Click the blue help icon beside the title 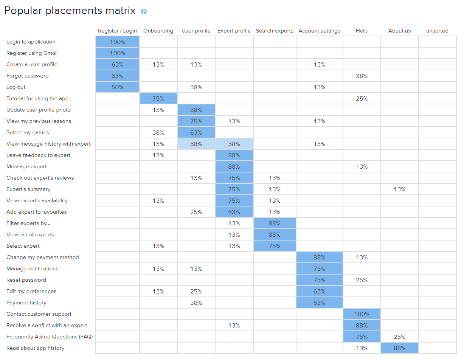click(143, 11)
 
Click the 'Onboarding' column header click(158, 31)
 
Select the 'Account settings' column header click(319, 31)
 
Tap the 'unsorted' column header click(437, 31)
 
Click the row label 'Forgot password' click(28, 76)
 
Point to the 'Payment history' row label click(26, 303)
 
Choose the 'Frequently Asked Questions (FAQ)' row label click(50, 337)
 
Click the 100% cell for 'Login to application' click(118, 42)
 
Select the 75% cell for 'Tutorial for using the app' click(158, 98)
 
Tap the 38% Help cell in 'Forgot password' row click(362, 76)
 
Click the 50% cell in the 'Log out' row click(118, 87)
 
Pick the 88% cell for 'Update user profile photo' click(196, 110)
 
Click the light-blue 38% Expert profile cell click(234, 144)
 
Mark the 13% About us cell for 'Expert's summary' click(399, 189)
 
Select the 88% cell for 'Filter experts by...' click(275, 223)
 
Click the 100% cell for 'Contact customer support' click(362, 314)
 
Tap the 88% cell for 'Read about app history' click(399, 348)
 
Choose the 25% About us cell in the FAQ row click(399, 337)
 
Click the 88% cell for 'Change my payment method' click(319, 257)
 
